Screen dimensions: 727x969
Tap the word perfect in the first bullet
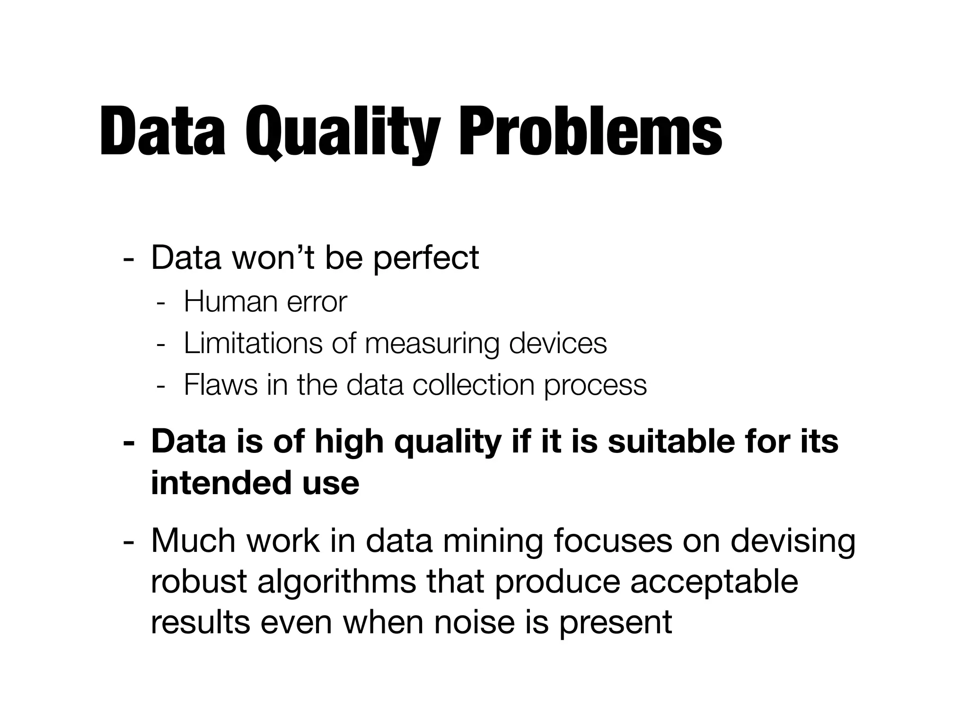point(425,258)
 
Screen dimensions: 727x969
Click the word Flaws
point(220,385)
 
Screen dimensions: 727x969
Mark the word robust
point(199,581)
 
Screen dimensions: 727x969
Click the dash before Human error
point(161,303)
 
